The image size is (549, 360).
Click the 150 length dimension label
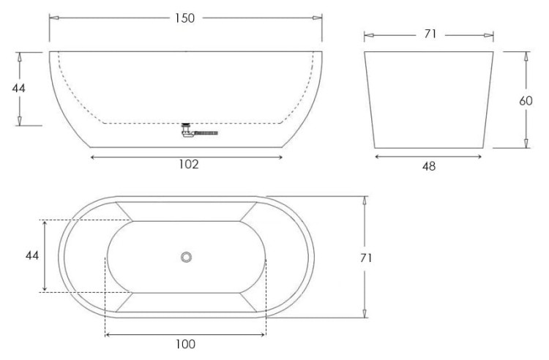tap(185, 18)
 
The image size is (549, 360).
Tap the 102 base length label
tap(189, 165)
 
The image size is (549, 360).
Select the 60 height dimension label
tap(526, 101)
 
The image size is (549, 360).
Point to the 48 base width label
tap(429, 166)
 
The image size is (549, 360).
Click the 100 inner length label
tap(186, 344)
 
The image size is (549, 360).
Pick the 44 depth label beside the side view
tap(18, 88)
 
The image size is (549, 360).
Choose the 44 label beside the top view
tap(32, 256)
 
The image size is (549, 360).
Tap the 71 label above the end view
tap(430, 34)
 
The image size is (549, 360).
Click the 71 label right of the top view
tap(366, 258)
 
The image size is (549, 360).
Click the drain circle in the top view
tap(186, 257)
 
